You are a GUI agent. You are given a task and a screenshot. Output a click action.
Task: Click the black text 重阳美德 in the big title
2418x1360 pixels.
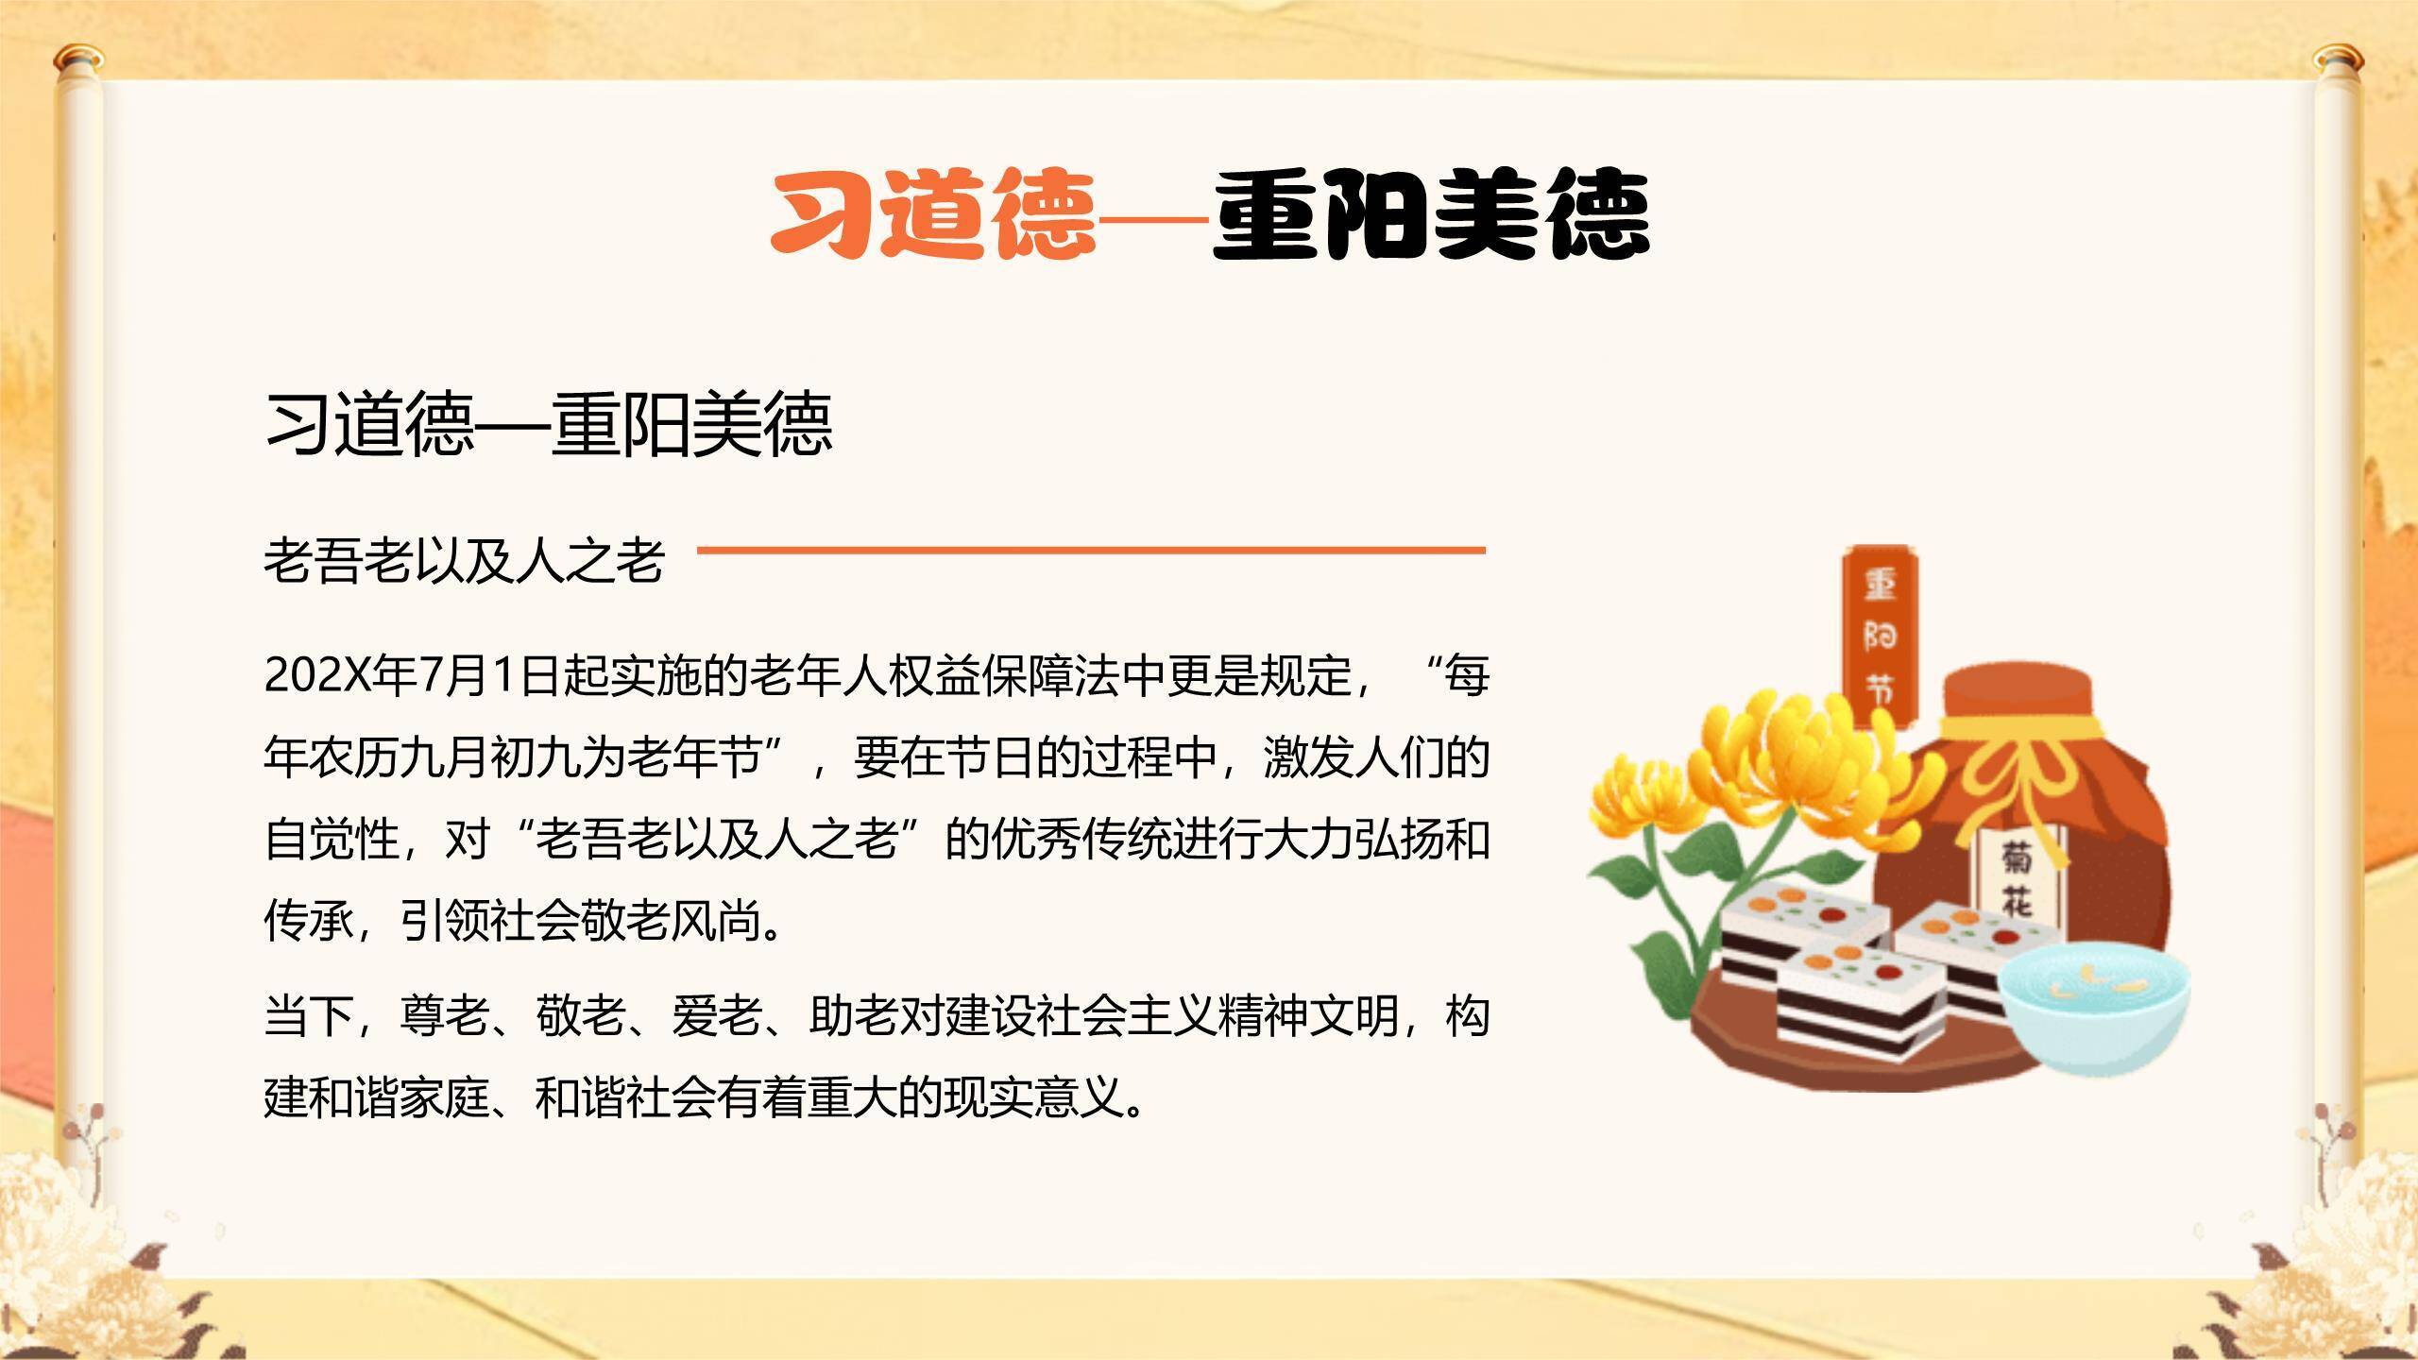click(1430, 215)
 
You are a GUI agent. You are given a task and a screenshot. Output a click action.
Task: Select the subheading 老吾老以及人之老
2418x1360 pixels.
click(464, 559)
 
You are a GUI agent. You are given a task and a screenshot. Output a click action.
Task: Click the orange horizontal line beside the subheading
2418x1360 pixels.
click(1091, 549)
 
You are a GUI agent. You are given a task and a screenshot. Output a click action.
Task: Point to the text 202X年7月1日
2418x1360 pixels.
click(411, 676)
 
